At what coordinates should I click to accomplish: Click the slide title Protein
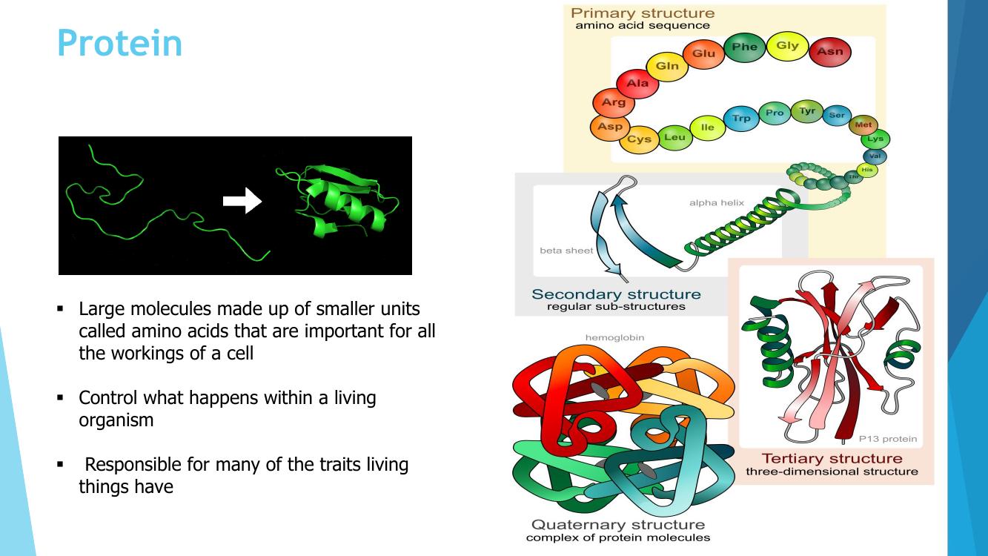pyautogui.click(x=119, y=43)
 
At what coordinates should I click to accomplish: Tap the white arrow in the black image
pyautogui.click(x=242, y=200)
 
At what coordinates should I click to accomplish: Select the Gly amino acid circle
pyautogui.click(x=787, y=46)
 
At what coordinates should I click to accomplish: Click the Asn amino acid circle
pyautogui.click(x=830, y=52)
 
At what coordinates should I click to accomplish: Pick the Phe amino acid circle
pyautogui.click(x=744, y=47)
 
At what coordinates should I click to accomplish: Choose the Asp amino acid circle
pyautogui.click(x=610, y=127)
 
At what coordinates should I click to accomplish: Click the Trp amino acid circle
pyautogui.click(x=741, y=119)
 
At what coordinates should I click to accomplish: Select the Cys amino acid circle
pyautogui.click(x=639, y=139)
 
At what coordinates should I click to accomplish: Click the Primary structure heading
pyautogui.click(x=643, y=13)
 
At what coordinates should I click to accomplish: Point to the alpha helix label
pyautogui.click(x=716, y=203)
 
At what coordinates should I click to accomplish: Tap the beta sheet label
pyautogui.click(x=566, y=251)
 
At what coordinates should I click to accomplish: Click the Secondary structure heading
pyautogui.click(x=616, y=294)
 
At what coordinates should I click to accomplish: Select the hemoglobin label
pyautogui.click(x=614, y=338)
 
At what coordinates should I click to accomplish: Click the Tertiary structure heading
pyautogui.click(x=832, y=458)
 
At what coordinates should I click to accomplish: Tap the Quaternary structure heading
pyautogui.click(x=618, y=525)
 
